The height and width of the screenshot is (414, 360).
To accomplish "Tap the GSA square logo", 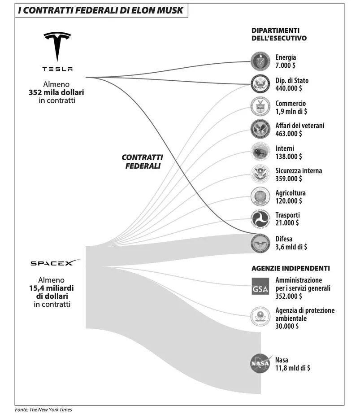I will (260, 287).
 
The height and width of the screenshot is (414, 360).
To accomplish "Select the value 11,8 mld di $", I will (293, 368).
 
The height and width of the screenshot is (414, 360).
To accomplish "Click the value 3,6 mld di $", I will (291, 247).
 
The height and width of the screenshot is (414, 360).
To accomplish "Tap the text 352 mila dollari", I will (56, 92).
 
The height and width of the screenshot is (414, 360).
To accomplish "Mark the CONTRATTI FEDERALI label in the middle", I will (142, 161).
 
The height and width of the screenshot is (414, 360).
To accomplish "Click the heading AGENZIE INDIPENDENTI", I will (290, 268).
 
